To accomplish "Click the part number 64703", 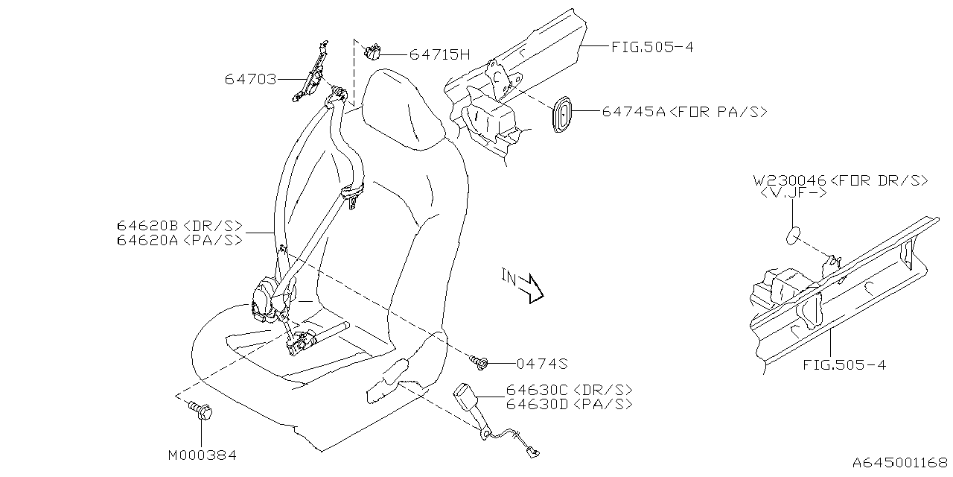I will (250, 78).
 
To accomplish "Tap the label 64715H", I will (440, 54).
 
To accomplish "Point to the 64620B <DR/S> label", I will (179, 225).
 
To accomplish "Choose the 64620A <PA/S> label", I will (179, 240).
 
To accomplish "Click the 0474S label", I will (542, 364).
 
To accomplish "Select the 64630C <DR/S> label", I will (570, 390).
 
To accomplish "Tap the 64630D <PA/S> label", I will (570, 404).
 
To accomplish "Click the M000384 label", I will (203, 454).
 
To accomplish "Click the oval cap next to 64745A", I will (564, 113).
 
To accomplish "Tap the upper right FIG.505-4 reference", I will (652, 47).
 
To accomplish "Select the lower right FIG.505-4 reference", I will (844, 365).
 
